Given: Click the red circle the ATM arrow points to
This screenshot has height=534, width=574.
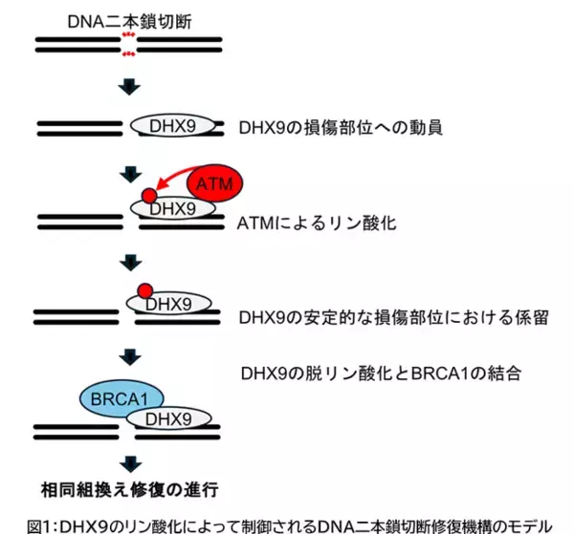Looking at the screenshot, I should click(148, 197).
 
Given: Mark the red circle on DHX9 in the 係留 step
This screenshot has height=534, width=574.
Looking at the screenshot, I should click(143, 290).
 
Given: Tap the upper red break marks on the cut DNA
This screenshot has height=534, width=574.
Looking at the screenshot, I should click(128, 35).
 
